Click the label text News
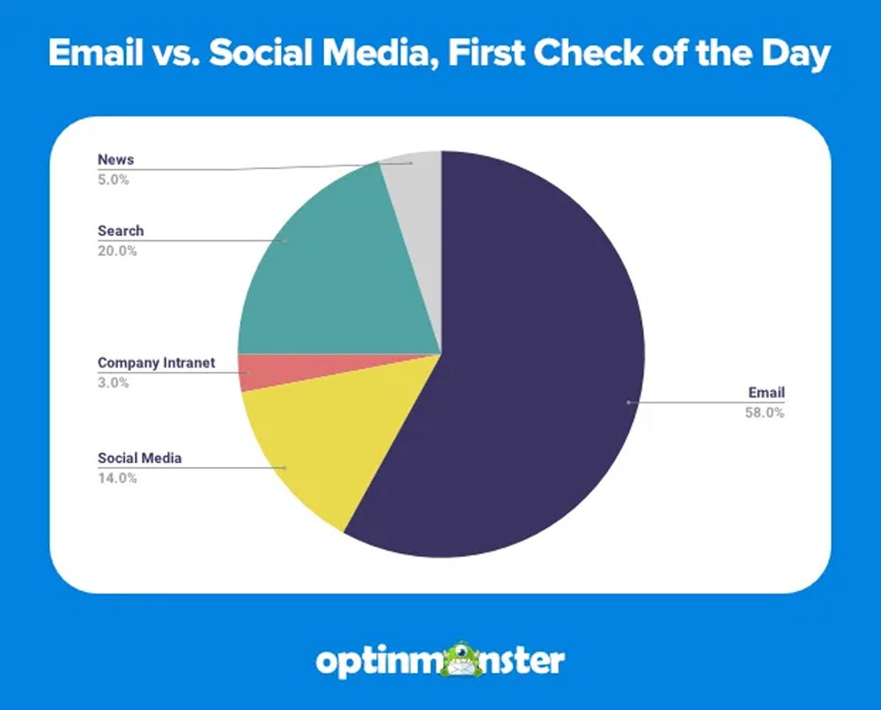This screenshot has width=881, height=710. (x=115, y=160)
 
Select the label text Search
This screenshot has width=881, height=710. (x=120, y=231)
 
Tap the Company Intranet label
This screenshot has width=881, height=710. (x=156, y=363)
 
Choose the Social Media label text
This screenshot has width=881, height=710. (x=139, y=458)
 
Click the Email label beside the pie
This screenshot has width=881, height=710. (x=766, y=393)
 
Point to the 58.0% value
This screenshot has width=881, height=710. (x=765, y=412)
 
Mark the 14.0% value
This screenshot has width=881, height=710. (x=116, y=477)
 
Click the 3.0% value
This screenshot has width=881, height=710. (x=113, y=382)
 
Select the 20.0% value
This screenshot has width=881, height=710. (x=116, y=250)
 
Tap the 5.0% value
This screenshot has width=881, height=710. (x=113, y=180)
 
